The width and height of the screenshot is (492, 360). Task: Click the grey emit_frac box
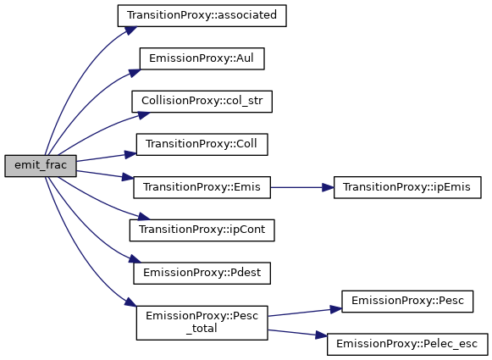[x=41, y=166]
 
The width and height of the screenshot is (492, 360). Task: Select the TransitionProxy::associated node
[x=202, y=16]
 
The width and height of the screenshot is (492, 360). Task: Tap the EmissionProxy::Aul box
[x=202, y=58]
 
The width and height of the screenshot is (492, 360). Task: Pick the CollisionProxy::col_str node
[x=202, y=102]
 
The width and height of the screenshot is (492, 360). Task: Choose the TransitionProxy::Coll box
[x=202, y=144]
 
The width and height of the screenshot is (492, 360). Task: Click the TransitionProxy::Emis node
[x=202, y=187]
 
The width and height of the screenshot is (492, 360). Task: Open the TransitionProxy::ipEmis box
[x=407, y=187]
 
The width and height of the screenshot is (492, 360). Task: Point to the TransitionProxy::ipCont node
[x=202, y=230]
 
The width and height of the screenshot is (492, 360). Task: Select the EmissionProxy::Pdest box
[x=202, y=273]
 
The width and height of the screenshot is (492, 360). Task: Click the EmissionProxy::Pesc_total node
[x=202, y=323]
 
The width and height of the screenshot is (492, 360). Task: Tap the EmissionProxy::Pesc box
[x=407, y=302]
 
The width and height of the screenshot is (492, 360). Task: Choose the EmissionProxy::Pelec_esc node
[x=407, y=344]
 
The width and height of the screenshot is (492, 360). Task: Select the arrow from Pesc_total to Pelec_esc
[x=297, y=333]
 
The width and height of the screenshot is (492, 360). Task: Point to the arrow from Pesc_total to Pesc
[x=305, y=312]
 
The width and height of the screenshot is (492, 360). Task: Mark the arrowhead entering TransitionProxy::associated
[x=130, y=30]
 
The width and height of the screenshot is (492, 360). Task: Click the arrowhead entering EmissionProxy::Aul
[x=135, y=73]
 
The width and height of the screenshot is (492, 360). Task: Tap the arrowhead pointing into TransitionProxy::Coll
[x=130, y=154]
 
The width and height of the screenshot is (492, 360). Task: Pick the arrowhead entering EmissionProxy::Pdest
[x=135, y=259]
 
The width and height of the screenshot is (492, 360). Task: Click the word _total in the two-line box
[x=202, y=329]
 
